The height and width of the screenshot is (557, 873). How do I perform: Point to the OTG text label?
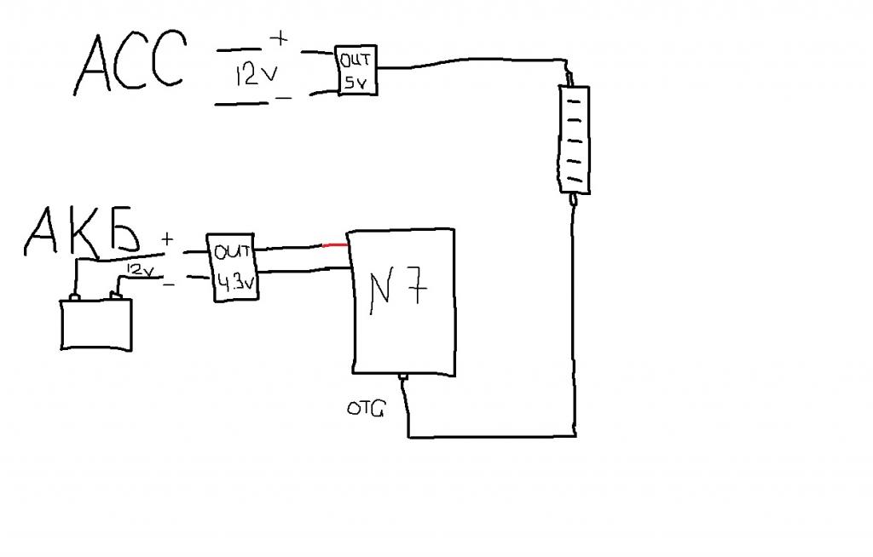[x=366, y=410]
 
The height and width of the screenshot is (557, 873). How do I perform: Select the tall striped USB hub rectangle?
[x=574, y=138]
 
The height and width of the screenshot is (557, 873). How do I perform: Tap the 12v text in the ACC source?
[x=256, y=75]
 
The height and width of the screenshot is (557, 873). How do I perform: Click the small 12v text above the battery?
[x=140, y=269]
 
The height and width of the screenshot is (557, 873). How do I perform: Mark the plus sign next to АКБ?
[x=167, y=240]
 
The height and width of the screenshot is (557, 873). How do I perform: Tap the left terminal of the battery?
[x=74, y=298]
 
